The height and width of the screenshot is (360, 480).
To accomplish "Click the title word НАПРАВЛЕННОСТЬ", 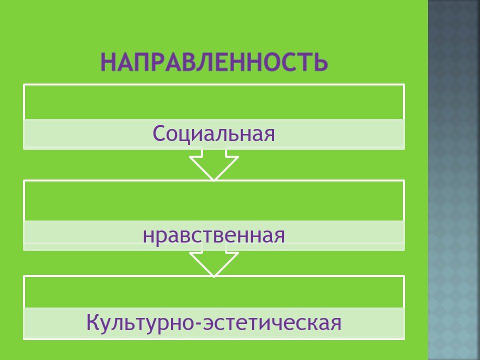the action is click(x=214, y=62).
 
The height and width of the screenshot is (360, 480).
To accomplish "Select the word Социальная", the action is click(x=213, y=133).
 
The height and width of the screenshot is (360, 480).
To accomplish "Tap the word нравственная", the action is click(x=213, y=235).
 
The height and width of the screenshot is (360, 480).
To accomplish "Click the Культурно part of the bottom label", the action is click(x=139, y=322).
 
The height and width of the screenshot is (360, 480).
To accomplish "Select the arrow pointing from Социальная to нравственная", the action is click(x=213, y=164).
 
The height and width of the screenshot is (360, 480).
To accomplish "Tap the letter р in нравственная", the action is click(x=163, y=237).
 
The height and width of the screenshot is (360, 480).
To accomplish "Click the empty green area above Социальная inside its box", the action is click(x=213, y=102).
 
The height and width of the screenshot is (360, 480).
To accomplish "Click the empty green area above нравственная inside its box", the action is click(x=213, y=201).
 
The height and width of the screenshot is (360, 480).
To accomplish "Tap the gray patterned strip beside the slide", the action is click(x=454, y=180).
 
